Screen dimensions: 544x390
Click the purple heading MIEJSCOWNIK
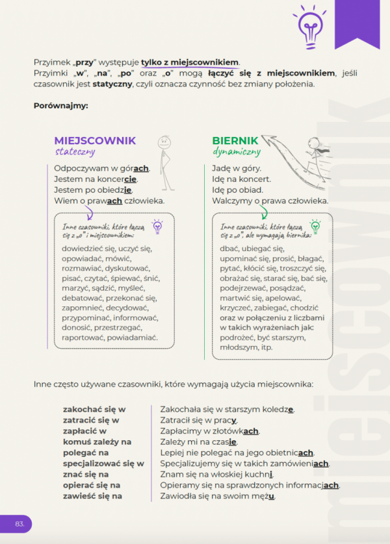tap(95, 140)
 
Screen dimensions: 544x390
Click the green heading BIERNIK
tap(235, 140)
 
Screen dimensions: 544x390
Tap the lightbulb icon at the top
tap(305, 24)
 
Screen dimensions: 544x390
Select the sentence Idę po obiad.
tap(237, 190)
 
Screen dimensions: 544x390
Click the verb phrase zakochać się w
tap(94, 409)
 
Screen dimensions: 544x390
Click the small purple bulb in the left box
tap(157, 226)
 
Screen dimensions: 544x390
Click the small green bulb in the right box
tap(315, 226)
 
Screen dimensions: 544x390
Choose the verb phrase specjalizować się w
tap(103, 464)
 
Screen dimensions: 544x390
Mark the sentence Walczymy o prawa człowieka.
tap(270, 201)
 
